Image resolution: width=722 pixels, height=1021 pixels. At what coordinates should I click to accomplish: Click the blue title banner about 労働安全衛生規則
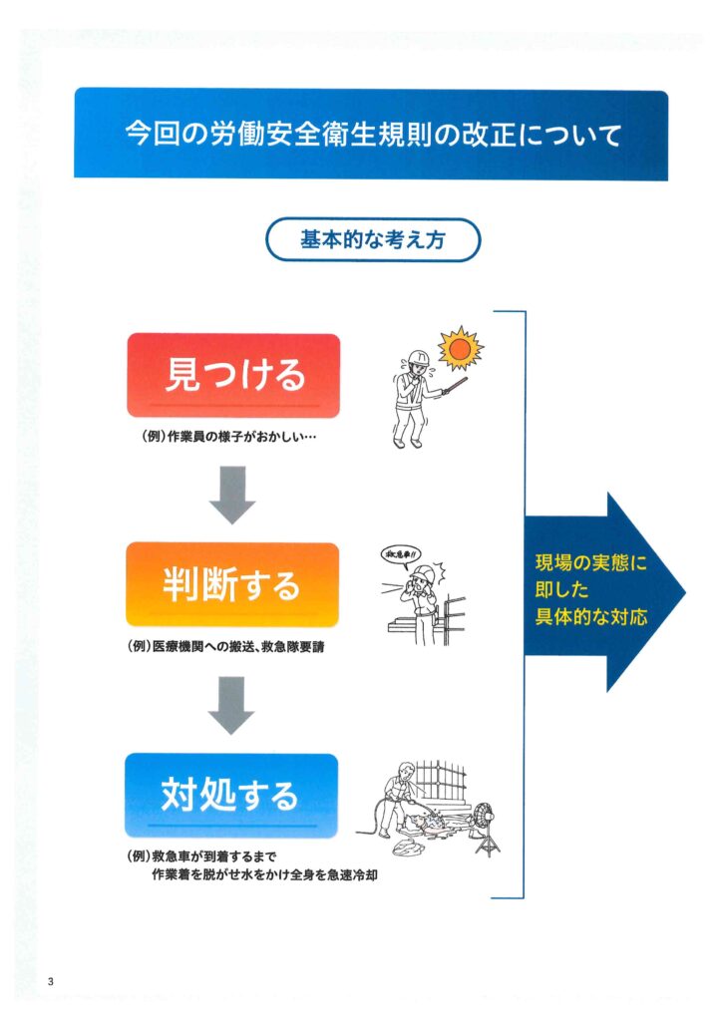(371, 135)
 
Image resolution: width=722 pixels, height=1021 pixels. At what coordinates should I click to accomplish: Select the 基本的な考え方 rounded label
(373, 239)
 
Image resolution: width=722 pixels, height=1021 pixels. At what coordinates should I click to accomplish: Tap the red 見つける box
(233, 375)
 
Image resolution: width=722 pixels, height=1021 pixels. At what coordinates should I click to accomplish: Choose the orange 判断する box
(232, 584)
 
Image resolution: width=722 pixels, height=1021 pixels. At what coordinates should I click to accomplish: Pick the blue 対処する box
(231, 795)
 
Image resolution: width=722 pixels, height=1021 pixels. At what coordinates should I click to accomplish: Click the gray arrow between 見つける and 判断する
(232, 495)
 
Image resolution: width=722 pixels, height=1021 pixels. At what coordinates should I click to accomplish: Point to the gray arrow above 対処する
(231, 705)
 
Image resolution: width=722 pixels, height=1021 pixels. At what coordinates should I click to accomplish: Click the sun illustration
(461, 349)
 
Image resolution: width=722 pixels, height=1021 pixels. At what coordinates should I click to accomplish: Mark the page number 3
(51, 981)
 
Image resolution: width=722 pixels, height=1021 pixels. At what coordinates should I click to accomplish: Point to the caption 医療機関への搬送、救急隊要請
(238, 646)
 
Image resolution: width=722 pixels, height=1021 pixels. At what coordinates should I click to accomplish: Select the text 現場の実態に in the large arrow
(591, 562)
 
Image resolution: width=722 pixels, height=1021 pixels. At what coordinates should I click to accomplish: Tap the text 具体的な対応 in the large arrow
(591, 616)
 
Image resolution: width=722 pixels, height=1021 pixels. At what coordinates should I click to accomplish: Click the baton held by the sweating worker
(455, 385)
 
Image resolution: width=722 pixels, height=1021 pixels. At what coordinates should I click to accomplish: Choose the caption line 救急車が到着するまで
(213, 855)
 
